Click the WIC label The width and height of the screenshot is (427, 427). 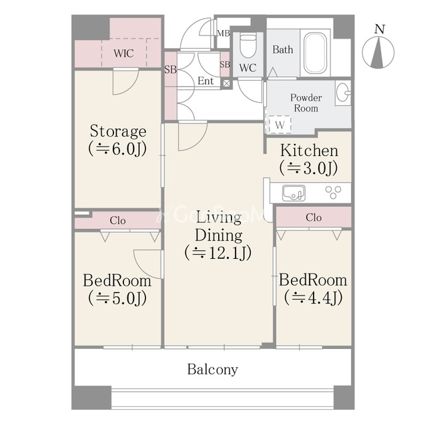pyautogui.click(x=123, y=53)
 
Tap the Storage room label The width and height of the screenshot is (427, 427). pyautogui.click(x=118, y=131)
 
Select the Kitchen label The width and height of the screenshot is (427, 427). pyautogui.click(x=309, y=151)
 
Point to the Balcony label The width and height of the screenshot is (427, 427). pyautogui.click(x=212, y=370)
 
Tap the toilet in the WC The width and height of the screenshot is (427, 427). pyautogui.click(x=248, y=45)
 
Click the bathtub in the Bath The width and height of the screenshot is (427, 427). pyautogui.click(x=315, y=53)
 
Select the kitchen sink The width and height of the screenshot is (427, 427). pyautogui.click(x=294, y=193)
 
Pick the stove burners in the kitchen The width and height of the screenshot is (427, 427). pyautogui.click(x=333, y=192)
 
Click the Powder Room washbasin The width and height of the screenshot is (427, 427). pyautogui.click(x=343, y=93)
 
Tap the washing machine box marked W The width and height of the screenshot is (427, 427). pyautogui.click(x=280, y=125)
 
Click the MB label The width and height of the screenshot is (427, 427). pyautogui.click(x=224, y=33)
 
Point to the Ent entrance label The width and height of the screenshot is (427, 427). pyautogui.click(x=205, y=81)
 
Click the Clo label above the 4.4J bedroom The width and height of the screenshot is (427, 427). pyautogui.click(x=314, y=218)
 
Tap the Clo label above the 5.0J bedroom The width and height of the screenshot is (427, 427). pyautogui.click(x=117, y=220)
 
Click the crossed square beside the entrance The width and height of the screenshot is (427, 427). pyautogui.click(x=226, y=83)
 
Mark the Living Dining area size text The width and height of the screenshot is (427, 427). pyautogui.click(x=218, y=254)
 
